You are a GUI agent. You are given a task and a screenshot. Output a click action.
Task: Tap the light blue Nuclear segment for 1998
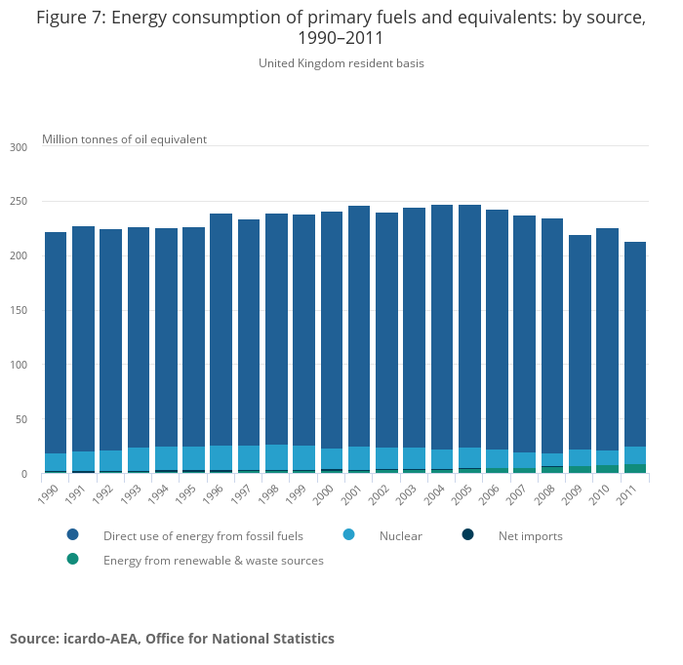coord(276,457)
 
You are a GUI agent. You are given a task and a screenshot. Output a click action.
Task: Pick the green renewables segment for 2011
coord(635,469)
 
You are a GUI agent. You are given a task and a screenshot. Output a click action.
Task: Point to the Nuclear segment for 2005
coord(469,457)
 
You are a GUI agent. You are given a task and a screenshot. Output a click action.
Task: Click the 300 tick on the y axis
coord(19,147)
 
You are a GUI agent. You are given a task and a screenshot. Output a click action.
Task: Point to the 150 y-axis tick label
coord(19,310)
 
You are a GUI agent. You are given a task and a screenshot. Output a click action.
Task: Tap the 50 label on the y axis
coord(20,419)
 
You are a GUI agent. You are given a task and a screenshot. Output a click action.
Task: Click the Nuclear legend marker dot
coord(348,535)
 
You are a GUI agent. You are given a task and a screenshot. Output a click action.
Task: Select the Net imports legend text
coord(530,536)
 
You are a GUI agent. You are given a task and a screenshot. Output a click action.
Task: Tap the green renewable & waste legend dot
coord(72,560)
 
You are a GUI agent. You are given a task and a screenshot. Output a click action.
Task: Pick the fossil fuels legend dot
coord(72,535)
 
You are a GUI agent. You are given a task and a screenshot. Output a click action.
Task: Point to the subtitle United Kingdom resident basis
coord(341,63)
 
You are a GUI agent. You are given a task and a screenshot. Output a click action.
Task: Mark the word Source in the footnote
coord(36,639)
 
